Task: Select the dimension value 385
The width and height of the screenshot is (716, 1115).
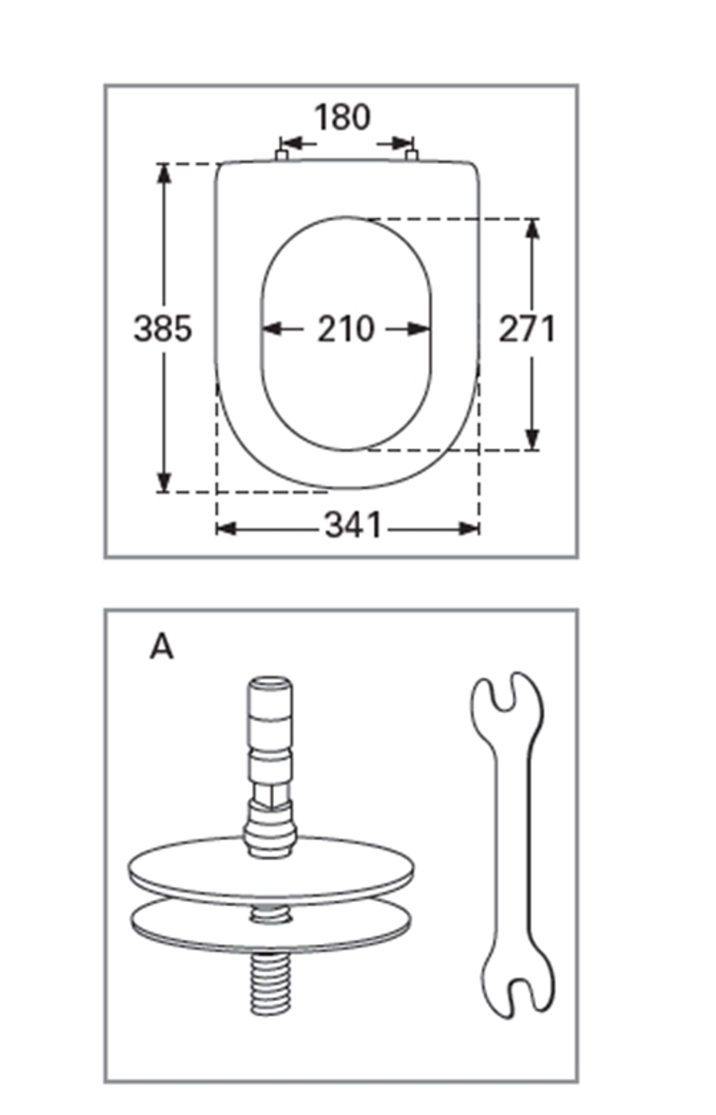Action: [163, 329]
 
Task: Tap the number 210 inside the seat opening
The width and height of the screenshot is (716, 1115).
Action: [346, 329]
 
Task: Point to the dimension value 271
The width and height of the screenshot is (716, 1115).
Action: [527, 329]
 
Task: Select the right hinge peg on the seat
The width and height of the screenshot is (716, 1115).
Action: [411, 155]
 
